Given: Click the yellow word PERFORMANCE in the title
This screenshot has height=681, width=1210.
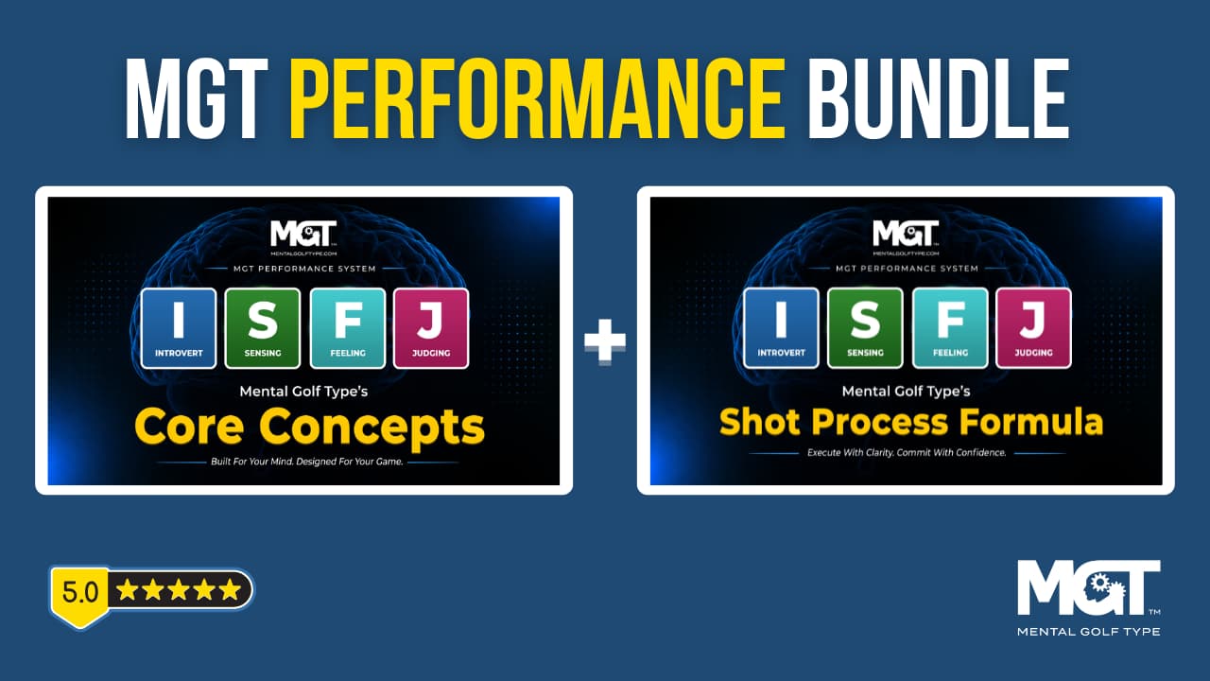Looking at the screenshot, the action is pyautogui.click(x=537, y=98).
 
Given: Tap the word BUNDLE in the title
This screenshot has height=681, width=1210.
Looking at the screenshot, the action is pyautogui.click(x=938, y=98).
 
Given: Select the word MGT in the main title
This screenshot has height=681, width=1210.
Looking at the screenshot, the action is pyautogui.click(x=196, y=98).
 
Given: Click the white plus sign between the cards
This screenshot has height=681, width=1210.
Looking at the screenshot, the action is pyautogui.click(x=605, y=341).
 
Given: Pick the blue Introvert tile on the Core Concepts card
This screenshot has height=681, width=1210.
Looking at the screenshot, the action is pyautogui.click(x=179, y=328).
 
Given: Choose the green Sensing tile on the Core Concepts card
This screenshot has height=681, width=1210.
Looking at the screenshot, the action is pyautogui.click(x=263, y=328).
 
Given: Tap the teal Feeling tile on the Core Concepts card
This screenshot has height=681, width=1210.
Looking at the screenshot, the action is pyautogui.click(x=347, y=328).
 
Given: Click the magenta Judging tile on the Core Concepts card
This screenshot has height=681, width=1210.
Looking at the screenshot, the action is pyautogui.click(x=431, y=328).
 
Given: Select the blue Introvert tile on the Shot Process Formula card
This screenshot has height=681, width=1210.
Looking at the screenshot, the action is pyautogui.click(x=781, y=328).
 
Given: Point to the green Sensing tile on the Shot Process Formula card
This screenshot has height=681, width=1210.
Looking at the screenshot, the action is pyautogui.click(x=865, y=328).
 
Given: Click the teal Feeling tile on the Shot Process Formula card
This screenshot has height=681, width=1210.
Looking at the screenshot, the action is pyautogui.click(x=950, y=328).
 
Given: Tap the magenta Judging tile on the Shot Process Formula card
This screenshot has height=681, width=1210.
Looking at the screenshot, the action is pyautogui.click(x=1033, y=328).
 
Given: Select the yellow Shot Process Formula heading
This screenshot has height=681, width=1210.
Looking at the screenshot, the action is pyautogui.click(x=910, y=422).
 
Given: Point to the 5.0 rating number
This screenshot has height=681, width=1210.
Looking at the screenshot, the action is pyautogui.click(x=80, y=592).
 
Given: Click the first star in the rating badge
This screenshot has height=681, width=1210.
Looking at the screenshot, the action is pyautogui.click(x=128, y=589).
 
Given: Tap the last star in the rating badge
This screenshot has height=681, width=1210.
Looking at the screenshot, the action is pyautogui.click(x=230, y=589).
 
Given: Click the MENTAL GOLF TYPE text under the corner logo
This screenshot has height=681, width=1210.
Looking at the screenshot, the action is pyautogui.click(x=1088, y=631).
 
